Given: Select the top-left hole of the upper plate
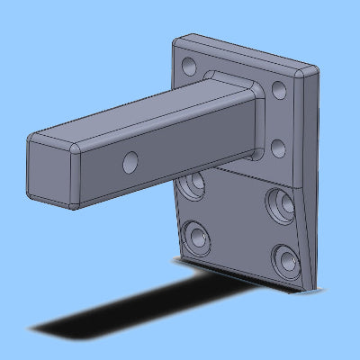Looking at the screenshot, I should point(189,66).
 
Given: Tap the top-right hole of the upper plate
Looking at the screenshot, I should point(279,90).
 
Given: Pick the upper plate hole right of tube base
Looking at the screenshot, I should point(279,147).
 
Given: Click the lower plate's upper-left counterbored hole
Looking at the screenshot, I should point(193,188).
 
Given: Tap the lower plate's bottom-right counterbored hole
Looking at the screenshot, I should point(287,262).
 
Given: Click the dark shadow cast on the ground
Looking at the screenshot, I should point(117,310).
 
